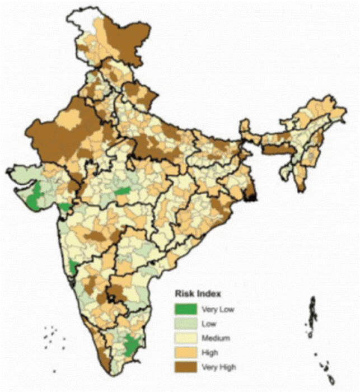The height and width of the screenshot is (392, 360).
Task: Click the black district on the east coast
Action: pos(253,195)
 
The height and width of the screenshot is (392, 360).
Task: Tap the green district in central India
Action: pos(122,193)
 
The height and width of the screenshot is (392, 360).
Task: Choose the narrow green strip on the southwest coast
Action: pos(73,267)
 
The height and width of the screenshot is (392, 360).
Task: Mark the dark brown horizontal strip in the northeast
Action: pos(275,150)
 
